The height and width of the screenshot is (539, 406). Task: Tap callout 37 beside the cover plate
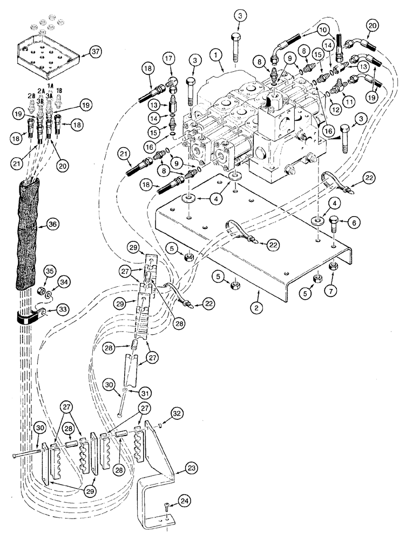[x=97, y=52]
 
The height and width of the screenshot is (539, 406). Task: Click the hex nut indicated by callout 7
[x=334, y=265]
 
